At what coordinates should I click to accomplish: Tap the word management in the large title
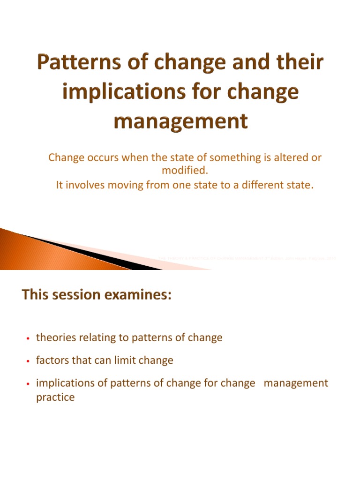180,121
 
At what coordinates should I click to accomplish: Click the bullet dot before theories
28,338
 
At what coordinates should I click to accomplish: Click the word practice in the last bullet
55,397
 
